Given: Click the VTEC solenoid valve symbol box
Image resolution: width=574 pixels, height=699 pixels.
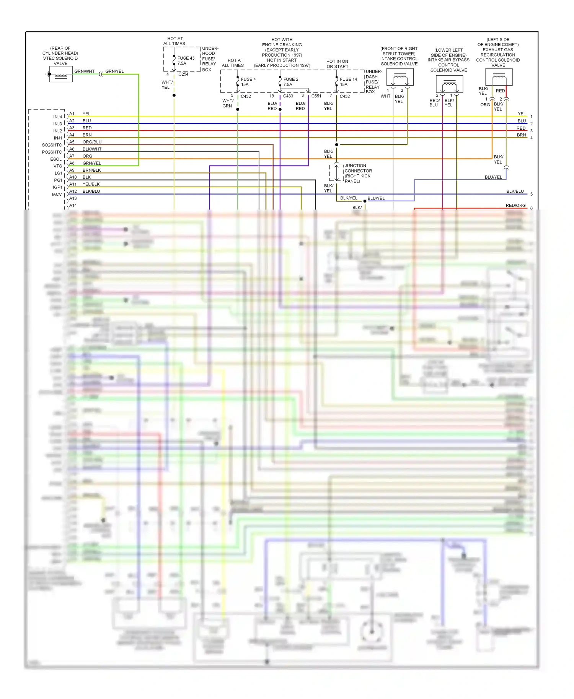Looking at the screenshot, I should (x=60, y=74).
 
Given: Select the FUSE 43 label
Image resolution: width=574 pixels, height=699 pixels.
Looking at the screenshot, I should (x=186, y=58).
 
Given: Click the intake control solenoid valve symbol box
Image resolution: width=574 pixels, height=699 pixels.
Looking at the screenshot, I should (x=400, y=78).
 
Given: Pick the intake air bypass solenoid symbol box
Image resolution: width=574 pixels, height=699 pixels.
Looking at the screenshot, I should (x=449, y=84).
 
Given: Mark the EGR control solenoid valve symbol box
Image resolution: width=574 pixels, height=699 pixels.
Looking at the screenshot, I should (x=499, y=78).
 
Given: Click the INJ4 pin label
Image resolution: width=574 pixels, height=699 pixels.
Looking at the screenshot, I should (x=58, y=117).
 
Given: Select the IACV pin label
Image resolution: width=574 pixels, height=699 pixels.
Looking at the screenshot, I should (x=57, y=194).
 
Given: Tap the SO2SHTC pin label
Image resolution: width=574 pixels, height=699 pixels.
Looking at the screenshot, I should (x=52, y=145).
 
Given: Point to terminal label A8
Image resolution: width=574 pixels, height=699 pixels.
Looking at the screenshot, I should (x=72, y=163).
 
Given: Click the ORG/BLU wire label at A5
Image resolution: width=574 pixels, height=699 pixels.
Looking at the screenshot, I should (x=92, y=142).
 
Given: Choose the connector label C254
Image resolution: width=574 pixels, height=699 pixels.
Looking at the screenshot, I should (x=183, y=74).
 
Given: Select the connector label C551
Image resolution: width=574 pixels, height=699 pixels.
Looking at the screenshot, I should (x=316, y=96).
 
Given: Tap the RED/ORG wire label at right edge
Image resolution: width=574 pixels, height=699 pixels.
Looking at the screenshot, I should (x=515, y=205).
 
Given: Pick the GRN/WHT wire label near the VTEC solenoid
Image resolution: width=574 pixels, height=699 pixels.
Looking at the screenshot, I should (x=84, y=71).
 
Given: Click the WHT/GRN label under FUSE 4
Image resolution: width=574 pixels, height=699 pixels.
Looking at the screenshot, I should (x=228, y=103).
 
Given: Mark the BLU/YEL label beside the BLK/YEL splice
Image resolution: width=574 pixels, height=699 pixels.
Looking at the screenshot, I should (x=376, y=198).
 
